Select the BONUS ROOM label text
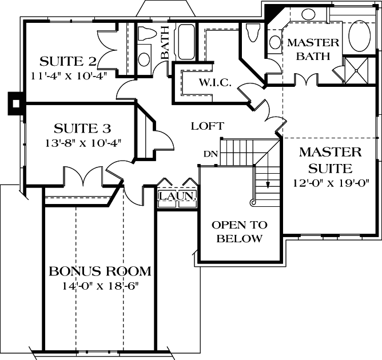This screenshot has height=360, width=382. pyautogui.click(x=100, y=271)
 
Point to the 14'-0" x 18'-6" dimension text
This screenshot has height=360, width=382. pyautogui.click(x=100, y=285)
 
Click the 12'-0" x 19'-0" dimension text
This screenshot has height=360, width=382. pyautogui.click(x=330, y=183)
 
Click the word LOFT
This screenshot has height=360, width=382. pyautogui.click(x=207, y=126)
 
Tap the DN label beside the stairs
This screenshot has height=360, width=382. pyautogui.click(x=209, y=154)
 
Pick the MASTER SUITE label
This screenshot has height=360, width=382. pyautogui.click(x=330, y=161)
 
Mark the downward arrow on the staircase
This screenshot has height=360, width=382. pyautogui.click(x=266, y=182)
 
